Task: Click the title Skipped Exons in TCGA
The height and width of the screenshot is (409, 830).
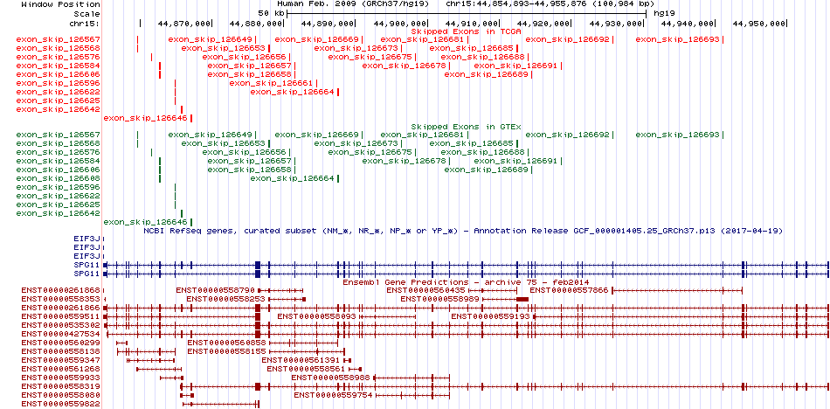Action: pos(467,31)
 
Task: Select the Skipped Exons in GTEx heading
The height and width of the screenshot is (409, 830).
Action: pos(467,127)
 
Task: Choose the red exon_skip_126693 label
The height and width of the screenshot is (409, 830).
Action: pos(678,39)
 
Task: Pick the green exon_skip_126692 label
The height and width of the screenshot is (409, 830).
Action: pos(567,135)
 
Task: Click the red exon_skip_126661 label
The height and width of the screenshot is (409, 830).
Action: pos(272,83)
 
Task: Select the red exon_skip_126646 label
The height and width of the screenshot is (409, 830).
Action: pos(146,118)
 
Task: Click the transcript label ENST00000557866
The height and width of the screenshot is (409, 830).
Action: pos(570,290)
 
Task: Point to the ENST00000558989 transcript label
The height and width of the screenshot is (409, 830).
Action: pos(439,299)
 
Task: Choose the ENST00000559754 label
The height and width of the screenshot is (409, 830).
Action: pos(334,395)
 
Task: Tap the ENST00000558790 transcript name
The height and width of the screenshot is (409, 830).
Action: pos(216,290)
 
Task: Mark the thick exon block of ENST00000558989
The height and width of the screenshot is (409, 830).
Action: pos(522,300)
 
